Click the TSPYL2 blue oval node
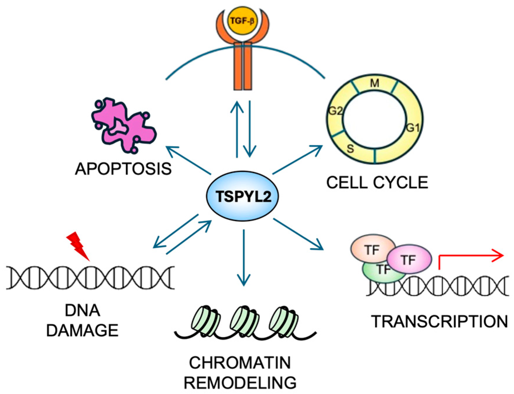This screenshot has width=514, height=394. coord(242,196)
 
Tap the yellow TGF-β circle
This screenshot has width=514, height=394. coord(242,21)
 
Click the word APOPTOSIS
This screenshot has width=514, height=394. coord(123,169)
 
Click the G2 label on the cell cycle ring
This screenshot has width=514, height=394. coord(335,111)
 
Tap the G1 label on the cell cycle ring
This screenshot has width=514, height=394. coord(413,128)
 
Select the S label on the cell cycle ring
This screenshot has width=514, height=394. coord(350,149)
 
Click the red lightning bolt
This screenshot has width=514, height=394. coord(78,245)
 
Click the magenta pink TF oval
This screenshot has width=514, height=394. coord(409,259)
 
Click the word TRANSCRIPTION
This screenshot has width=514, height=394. coord(439,321)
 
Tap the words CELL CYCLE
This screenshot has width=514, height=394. coord(377,183)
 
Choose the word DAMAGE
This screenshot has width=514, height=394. coord(82,330)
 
